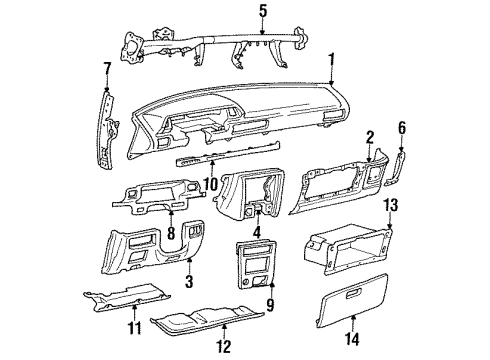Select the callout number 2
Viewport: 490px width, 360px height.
[x=369, y=136]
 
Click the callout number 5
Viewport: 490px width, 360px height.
[x=263, y=12]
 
